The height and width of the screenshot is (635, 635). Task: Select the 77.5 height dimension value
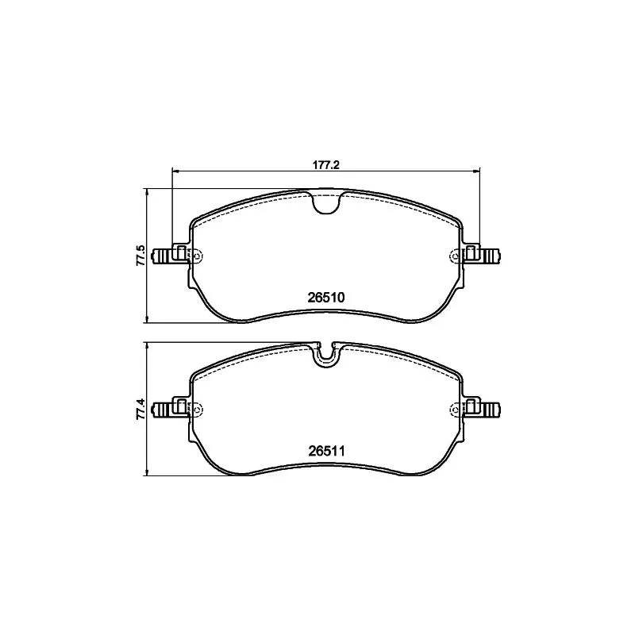point(140,256)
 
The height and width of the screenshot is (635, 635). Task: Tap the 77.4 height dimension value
point(140,410)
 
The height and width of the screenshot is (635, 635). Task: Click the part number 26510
point(325,298)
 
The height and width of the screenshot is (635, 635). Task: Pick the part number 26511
point(325,451)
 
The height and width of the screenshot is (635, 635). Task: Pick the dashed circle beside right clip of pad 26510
point(455,256)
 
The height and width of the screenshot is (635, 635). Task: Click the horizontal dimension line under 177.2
point(238,171)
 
